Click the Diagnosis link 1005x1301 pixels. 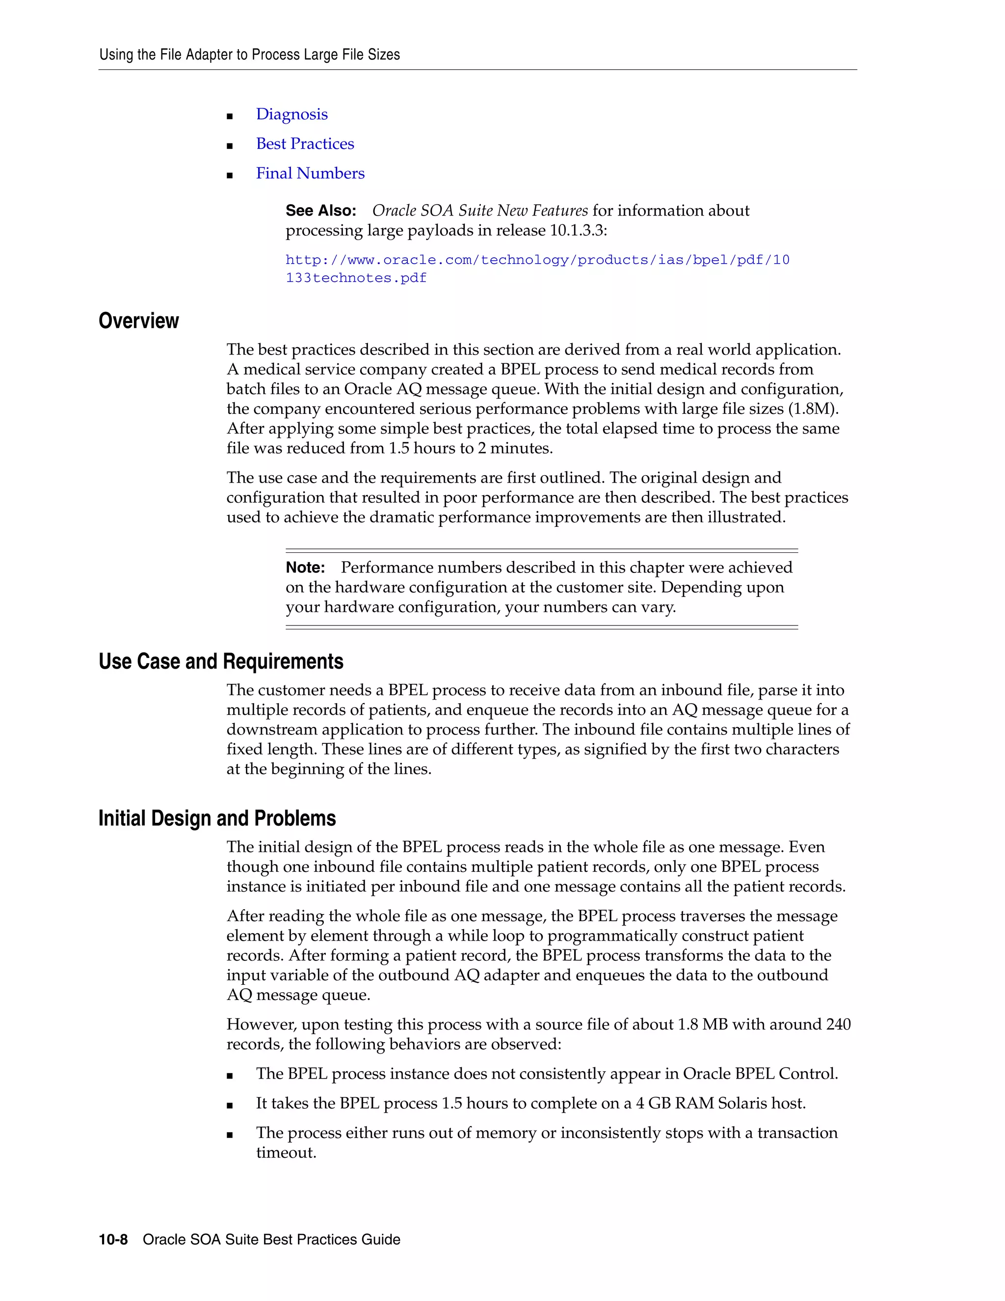tap(292, 114)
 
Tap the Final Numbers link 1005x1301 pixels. tap(310, 173)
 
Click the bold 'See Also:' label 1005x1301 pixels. tap(320, 211)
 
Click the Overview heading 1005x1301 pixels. tap(139, 321)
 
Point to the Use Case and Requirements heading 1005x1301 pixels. tap(221, 662)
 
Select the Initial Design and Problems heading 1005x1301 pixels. tap(217, 818)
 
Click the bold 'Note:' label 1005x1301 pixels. tap(305, 568)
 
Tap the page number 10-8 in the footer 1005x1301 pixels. tap(113, 1240)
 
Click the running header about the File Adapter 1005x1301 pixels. tap(249, 55)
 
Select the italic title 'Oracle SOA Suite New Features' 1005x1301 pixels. tap(480, 211)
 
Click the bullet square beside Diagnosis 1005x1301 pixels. tap(230, 116)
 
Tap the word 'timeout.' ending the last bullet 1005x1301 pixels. tap(286, 1153)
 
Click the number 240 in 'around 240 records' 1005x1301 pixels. tap(838, 1025)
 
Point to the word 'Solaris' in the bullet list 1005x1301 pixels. tap(742, 1104)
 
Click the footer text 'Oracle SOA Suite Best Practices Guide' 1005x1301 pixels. tap(271, 1240)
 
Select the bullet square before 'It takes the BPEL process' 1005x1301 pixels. tap(230, 1106)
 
